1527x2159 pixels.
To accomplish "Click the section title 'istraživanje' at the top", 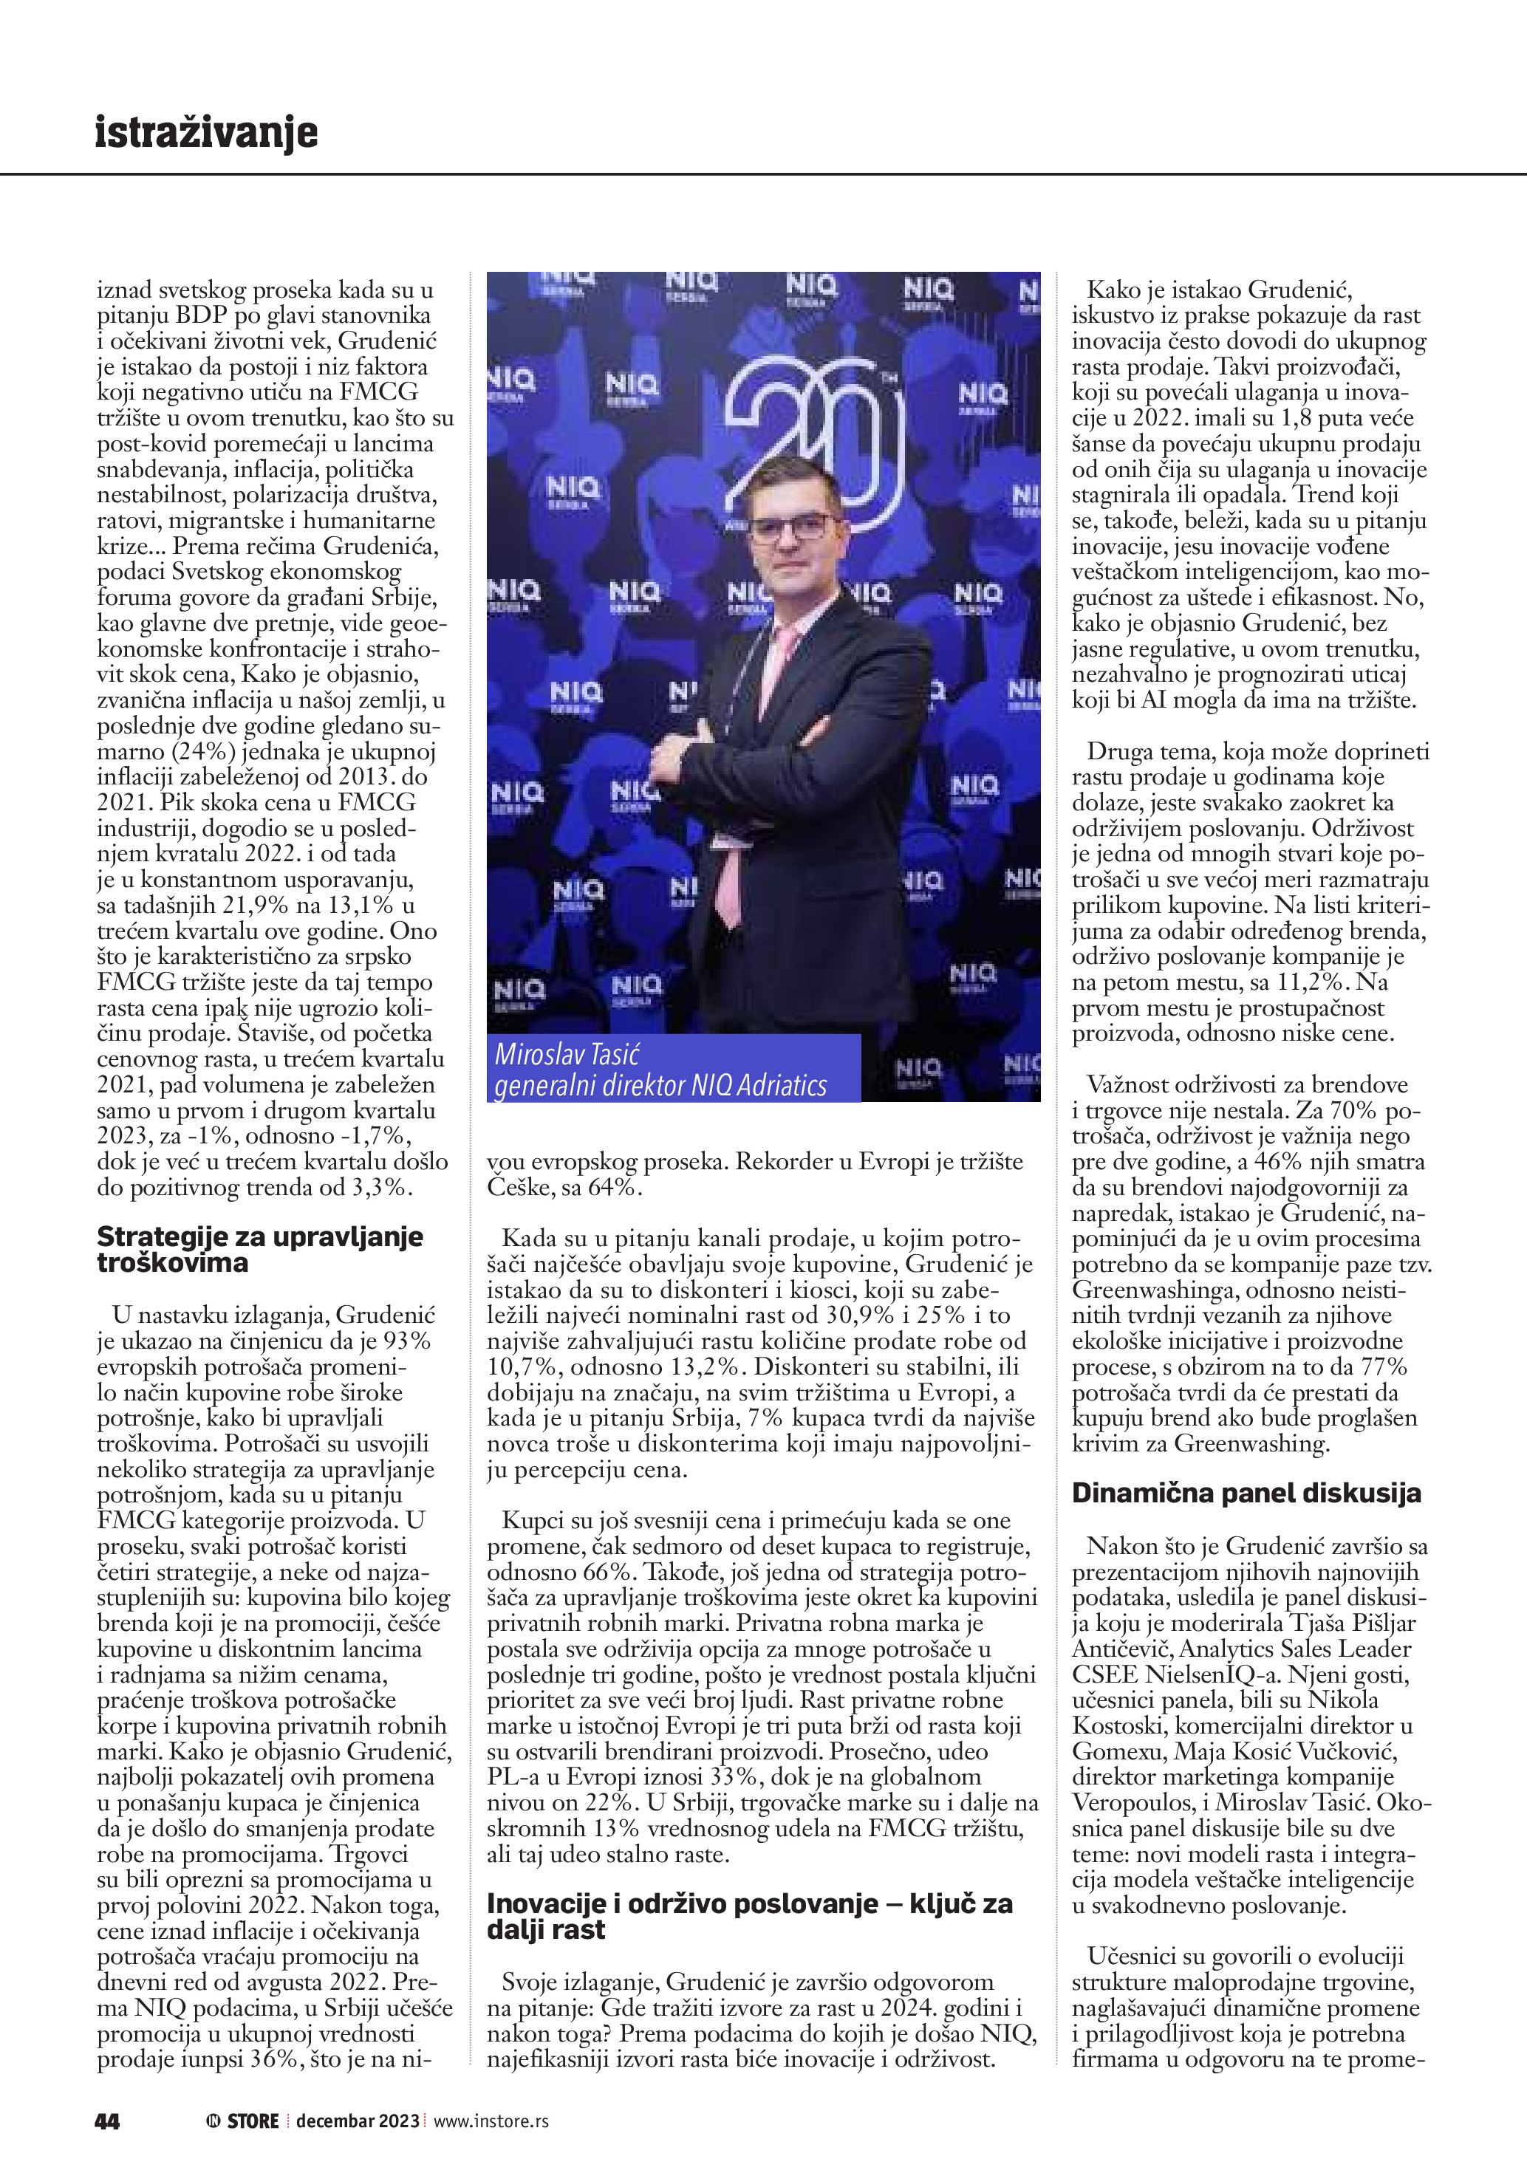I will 206,133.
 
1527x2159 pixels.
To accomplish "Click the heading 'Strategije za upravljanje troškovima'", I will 259,1249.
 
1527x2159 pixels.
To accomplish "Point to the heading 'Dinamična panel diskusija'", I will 1246,1493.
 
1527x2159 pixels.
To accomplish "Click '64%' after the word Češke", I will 612,1188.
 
